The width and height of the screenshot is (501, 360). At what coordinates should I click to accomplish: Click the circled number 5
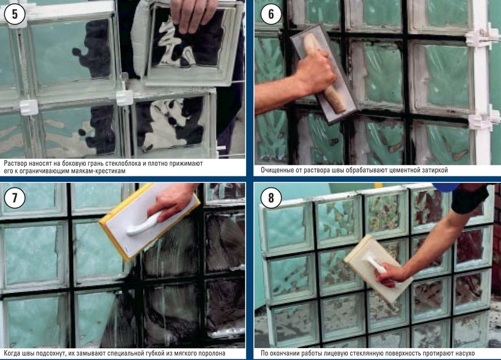tap(14, 14)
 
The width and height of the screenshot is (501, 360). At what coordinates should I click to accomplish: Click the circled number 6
tap(271, 14)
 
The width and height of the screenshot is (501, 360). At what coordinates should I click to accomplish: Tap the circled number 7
tap(14, 198)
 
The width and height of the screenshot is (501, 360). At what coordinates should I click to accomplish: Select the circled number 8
tap(271, 198)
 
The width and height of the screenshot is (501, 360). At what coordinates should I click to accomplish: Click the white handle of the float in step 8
tap(374, 265)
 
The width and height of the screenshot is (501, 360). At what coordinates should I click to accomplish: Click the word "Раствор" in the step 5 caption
tap(15, 163)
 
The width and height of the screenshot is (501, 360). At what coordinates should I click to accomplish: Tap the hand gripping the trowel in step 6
tap(315, 73)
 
